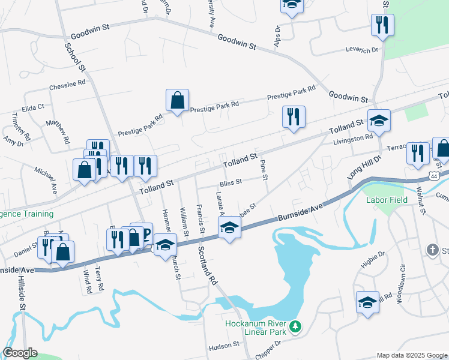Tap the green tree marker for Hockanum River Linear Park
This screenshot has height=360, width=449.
[x=295, y=326]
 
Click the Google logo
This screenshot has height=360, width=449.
[x=20, y=353]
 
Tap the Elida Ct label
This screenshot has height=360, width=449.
[x=32, y=107]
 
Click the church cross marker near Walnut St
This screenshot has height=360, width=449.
[x=432, y=249]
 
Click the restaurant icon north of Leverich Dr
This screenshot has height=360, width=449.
[x=382, y=25]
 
